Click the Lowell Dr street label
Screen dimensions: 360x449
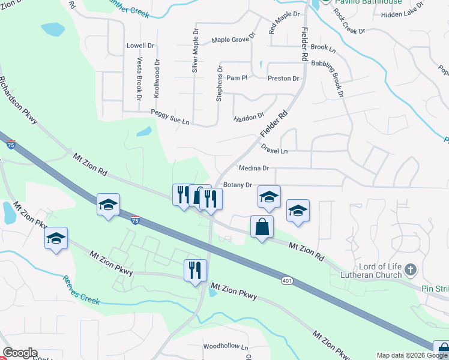click(x=140, y=45)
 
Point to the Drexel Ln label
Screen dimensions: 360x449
click(x=274, y=150)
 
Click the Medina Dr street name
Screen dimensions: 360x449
click(x=253, y=169)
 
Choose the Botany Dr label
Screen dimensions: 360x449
click(x=237, y=185)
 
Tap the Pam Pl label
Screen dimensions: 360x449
click(x=237, y=78)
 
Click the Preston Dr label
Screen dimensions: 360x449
click(x=283, y=79)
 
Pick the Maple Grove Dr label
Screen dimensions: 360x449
click(x=234, y=40)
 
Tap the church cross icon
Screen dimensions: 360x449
click(x=411, y=269)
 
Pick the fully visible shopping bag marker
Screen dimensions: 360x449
click(x=261, y=227)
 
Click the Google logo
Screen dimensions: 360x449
click(x=20, y=353)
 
